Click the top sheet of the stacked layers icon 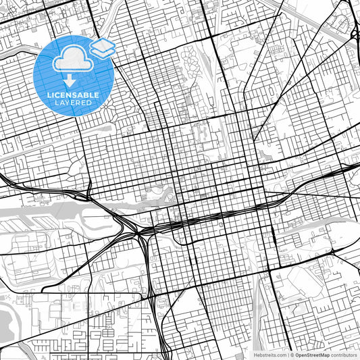tap(103, 45)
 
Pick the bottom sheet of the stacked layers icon tap(103, 51)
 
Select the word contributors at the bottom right tap(344, 355)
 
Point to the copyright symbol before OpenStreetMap tap(290, 355)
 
